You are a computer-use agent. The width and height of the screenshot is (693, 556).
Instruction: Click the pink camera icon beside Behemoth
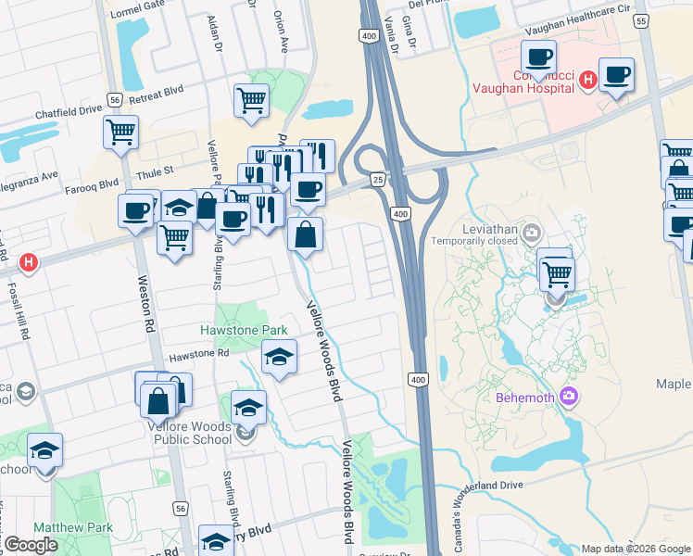point(568,398)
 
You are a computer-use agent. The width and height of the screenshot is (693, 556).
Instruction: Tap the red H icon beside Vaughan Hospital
point(586,82)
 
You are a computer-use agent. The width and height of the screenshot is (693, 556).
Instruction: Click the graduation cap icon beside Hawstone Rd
point(279,357)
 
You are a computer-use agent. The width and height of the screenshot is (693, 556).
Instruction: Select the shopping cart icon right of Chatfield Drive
point(120,133)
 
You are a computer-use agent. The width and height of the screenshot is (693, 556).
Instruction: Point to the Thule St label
point(156,171)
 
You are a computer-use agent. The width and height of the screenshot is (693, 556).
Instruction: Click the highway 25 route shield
point(377,178)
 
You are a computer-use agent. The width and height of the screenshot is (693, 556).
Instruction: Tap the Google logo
point(31,545)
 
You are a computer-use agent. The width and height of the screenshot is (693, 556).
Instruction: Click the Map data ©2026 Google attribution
point(635,549)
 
